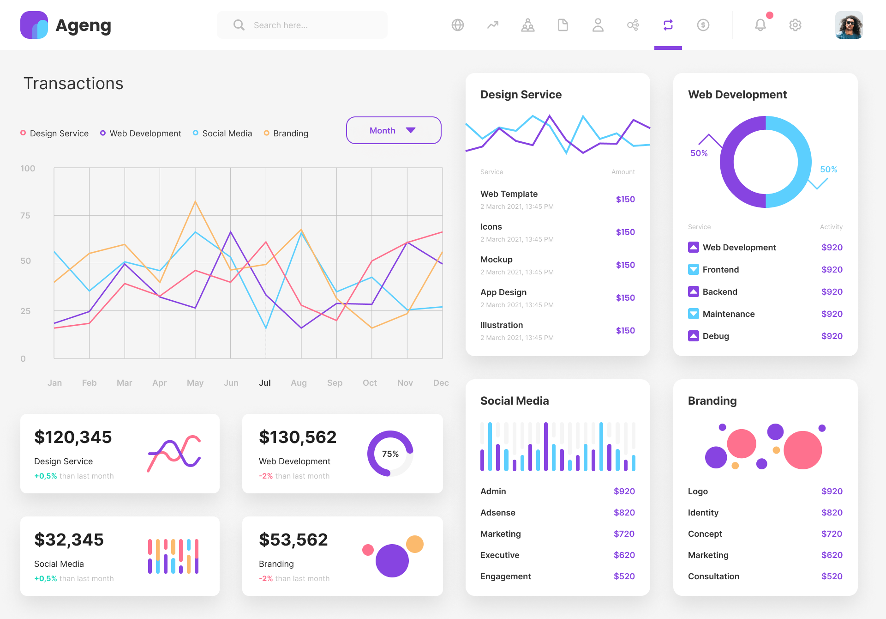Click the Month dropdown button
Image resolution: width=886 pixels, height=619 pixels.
(393, 130)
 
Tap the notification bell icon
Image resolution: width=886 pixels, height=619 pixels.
(760, 25)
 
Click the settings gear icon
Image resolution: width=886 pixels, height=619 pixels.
(795, 25)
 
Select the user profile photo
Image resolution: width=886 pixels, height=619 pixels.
(849, 25)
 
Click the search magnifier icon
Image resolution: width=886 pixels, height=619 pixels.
(239, 25)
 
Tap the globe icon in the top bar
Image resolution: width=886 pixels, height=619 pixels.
(457, 25)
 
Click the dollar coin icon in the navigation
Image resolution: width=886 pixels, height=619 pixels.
(703, 25)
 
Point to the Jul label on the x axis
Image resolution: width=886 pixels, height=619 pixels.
(265, 382)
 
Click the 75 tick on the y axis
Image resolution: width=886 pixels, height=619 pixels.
(25, 216)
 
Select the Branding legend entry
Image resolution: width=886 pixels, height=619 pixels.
(286, 134)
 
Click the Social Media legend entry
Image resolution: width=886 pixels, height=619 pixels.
(222, 134)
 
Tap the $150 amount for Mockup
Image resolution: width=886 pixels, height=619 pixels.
(625, 265)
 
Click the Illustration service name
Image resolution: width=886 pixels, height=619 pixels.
(502, 325)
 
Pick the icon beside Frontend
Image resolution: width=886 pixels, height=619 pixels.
(693, 270)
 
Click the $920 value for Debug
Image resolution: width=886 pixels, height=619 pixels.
(832, 336)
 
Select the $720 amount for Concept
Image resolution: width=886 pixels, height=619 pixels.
(832, 534)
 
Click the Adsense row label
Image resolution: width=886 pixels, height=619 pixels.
(498, 513)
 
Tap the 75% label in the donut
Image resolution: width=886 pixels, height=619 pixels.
(390, 454)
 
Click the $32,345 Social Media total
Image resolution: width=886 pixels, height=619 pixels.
(69, 540)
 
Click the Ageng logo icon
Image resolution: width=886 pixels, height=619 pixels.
(34, 25)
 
